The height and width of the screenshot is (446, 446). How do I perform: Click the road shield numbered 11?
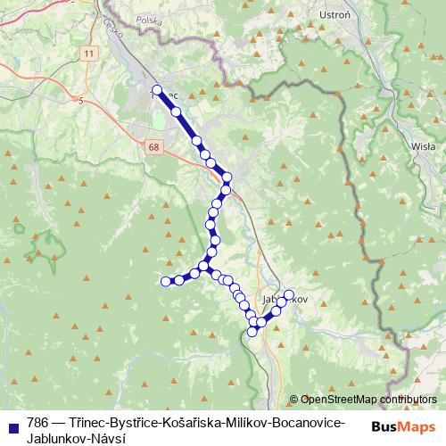point(87,54)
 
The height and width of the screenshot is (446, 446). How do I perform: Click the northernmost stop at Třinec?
point(157,90)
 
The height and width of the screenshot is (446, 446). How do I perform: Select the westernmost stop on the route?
point(165,282)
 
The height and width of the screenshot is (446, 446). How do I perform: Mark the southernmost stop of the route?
point(252,332)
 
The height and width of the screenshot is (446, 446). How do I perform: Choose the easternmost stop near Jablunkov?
point(288,294)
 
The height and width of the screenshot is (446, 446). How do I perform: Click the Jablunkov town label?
point(285,300)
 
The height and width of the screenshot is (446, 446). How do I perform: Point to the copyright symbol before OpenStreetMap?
point(293,400)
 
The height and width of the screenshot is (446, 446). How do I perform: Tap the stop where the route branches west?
point(204,266)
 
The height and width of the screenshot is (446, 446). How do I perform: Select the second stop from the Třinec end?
point(176,111)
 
